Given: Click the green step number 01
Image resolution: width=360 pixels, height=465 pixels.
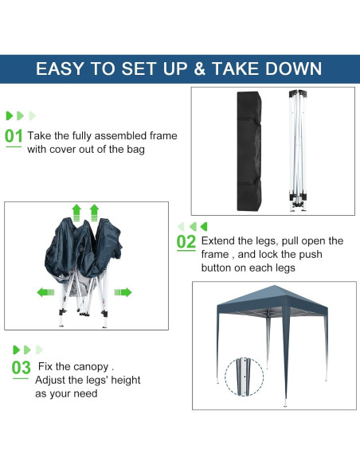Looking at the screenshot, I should pos(14,136).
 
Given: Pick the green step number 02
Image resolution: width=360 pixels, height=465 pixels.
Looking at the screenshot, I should pos(186,241).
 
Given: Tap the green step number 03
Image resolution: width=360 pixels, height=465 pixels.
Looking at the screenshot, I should pos(21,368).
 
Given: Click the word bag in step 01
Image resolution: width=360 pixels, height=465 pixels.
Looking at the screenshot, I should pos(135,149).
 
